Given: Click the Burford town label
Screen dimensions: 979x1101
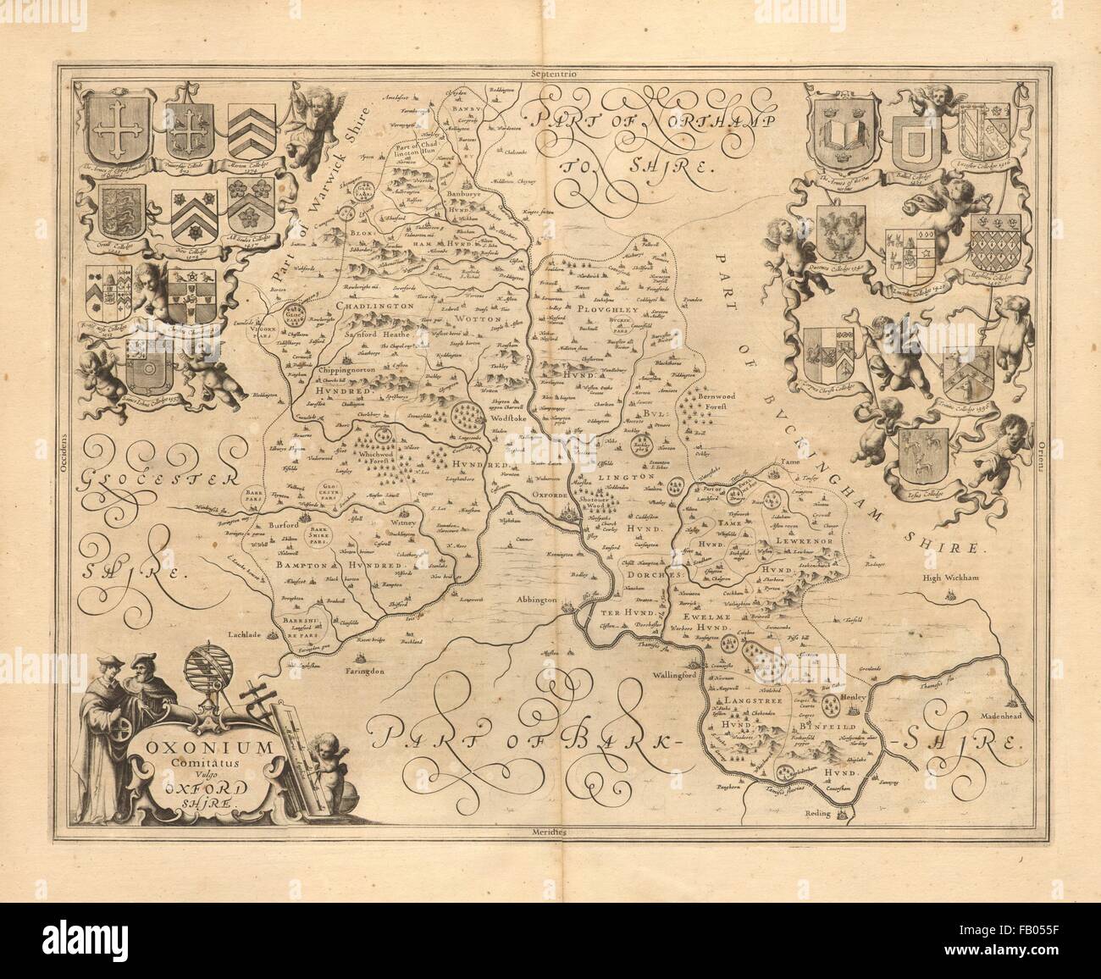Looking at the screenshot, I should [x=285, y=525].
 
